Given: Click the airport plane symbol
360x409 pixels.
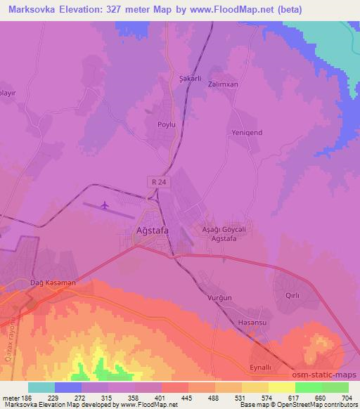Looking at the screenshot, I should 105,205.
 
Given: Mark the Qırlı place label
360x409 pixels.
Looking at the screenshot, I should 293,296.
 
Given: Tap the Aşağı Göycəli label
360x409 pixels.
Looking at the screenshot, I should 224,230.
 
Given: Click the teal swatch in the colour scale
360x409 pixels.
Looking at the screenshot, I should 41,387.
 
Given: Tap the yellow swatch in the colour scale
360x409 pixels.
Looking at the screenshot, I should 281,387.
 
